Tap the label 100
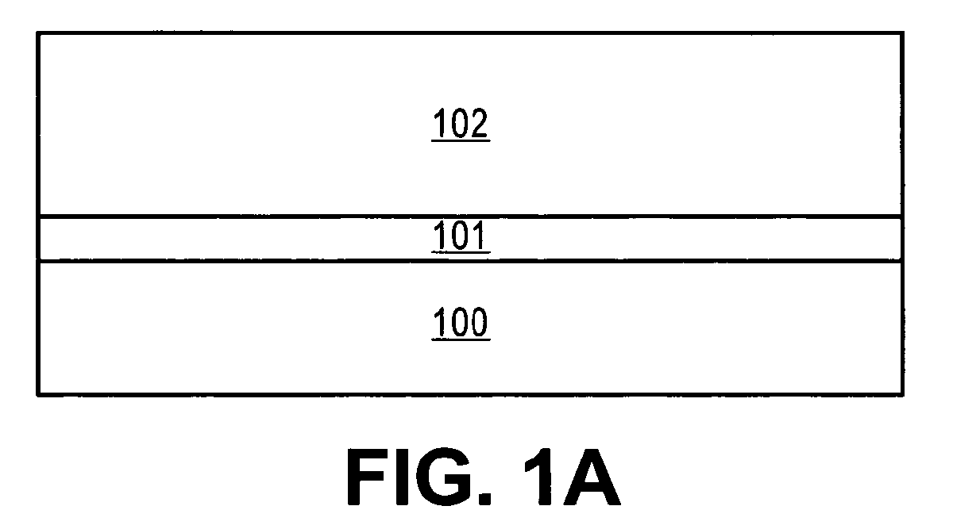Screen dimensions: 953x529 click(461, 322)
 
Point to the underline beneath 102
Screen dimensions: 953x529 click(461, 140)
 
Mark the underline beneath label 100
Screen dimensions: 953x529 click(461, 339)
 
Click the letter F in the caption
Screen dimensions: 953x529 click(366, 477)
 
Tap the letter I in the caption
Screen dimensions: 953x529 click(403, 477)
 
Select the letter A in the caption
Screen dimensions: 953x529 click(592, 477)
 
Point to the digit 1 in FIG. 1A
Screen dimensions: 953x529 click(538, 477)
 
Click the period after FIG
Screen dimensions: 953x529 click(484, 499)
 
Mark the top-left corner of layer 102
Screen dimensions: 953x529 click(38, 33)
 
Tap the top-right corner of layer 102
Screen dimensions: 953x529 click(902, 33)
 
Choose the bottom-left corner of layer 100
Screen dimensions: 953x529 click(38, 395)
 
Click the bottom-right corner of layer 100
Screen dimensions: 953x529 click(902, 395)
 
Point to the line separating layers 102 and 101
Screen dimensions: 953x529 click(470, 217)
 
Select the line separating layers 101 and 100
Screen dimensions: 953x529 click(470, 260)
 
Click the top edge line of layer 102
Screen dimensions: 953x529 click(470, 33)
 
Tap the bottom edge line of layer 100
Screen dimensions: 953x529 click(470, 395)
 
